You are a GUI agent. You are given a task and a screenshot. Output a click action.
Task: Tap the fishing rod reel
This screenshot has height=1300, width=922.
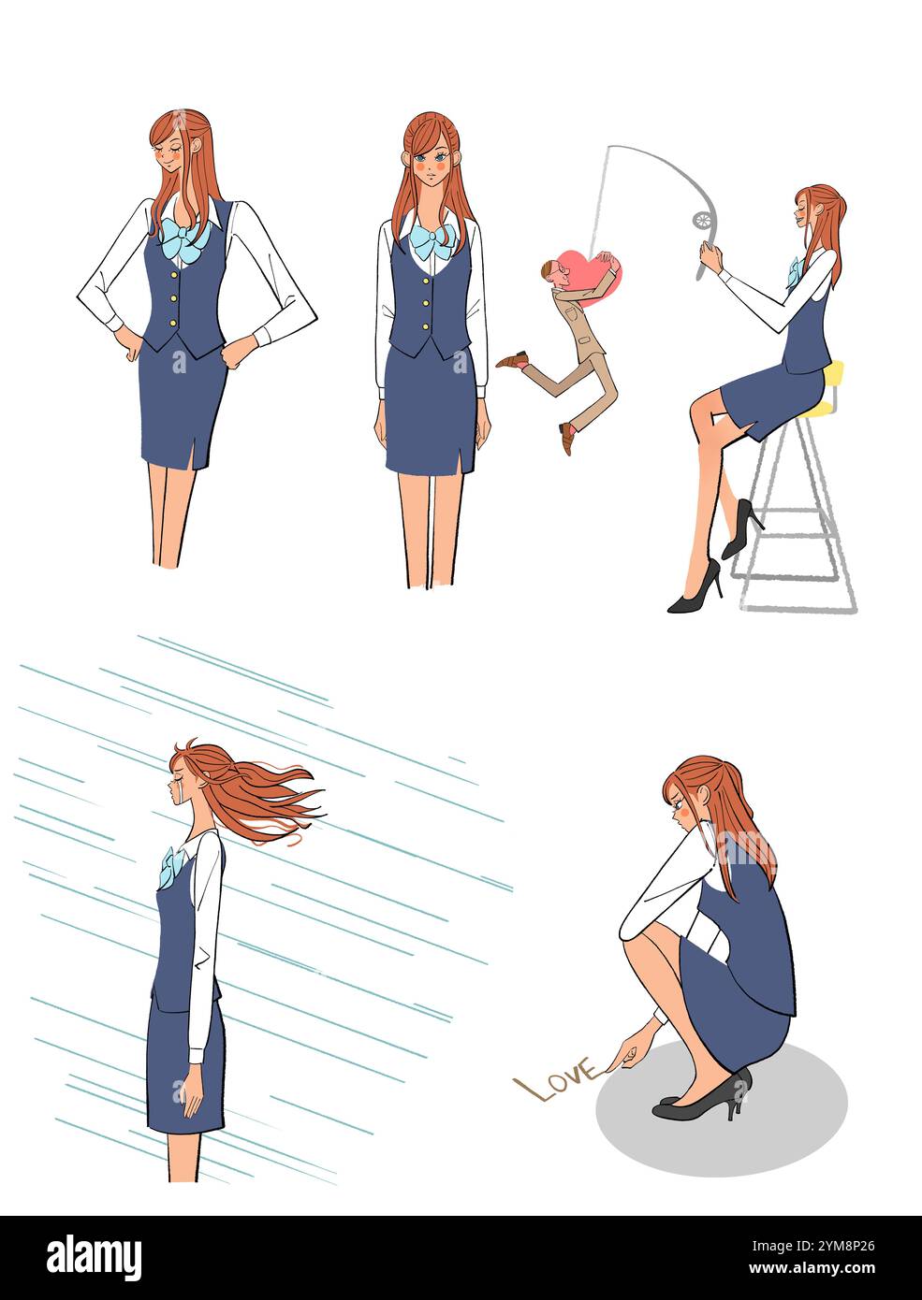click(702, 220)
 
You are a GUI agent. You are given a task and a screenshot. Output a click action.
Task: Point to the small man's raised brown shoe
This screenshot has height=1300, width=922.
click(513, 359)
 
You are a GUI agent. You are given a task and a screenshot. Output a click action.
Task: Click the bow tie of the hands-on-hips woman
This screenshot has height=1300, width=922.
click(184, 240)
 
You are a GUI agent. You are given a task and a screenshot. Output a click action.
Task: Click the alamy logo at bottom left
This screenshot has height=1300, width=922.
click(95, 1258)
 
